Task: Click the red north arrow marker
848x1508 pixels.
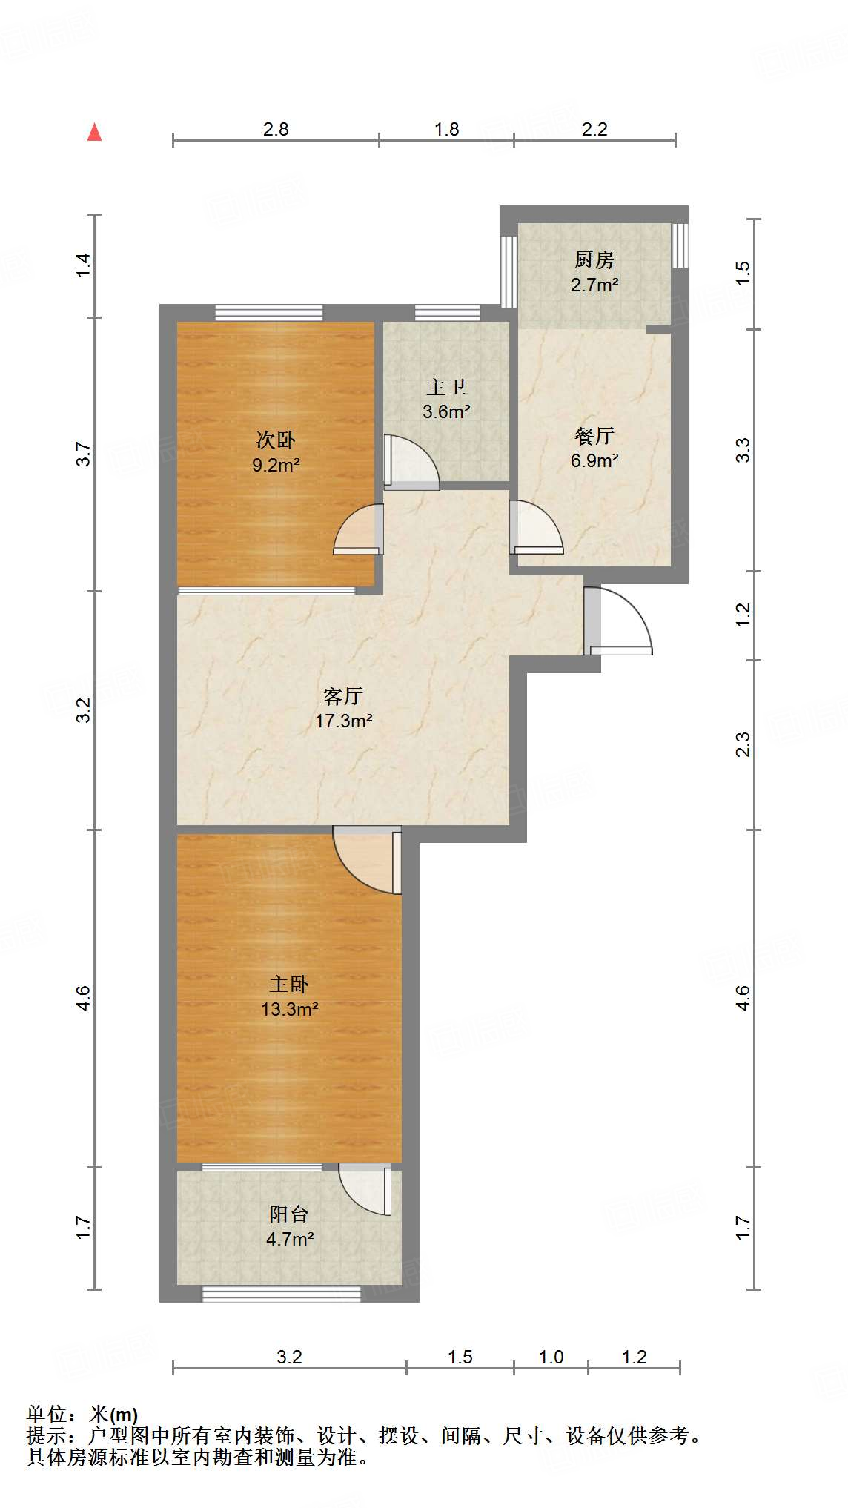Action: (94, 133)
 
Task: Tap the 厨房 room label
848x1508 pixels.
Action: (594, 260)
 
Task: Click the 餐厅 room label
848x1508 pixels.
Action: (594, 436)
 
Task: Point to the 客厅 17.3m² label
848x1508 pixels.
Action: (342, 708)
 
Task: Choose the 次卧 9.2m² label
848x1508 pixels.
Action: (275, 452)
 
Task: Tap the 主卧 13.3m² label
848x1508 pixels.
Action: (289, 996)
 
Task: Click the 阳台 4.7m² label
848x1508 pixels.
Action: (289, 1226)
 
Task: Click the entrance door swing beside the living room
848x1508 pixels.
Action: (619, 623)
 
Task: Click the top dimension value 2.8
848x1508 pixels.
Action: (276, 130)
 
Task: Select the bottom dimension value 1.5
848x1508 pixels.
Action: (460, 1357)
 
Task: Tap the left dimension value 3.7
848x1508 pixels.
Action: (85, 454)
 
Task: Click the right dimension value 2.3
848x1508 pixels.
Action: (743, 744)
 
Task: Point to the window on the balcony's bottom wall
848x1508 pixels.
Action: (282, 1294)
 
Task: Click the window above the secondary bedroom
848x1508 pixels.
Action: (268, 312)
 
